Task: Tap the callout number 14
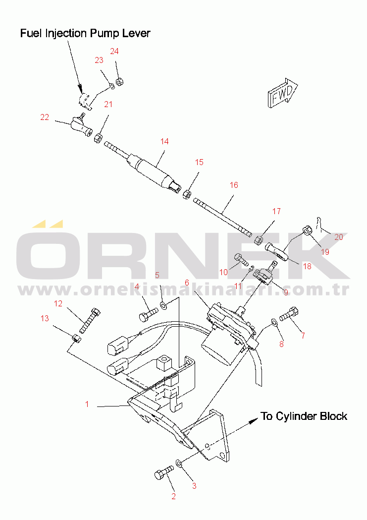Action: (164, 142)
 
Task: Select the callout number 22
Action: (45, 117)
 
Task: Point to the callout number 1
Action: (87, 404)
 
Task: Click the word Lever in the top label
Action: (135, 33)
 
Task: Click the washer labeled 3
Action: (180, 463)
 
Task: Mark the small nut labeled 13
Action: (76, 339)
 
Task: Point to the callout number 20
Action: (339, 237)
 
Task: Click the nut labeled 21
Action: (99, 137)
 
